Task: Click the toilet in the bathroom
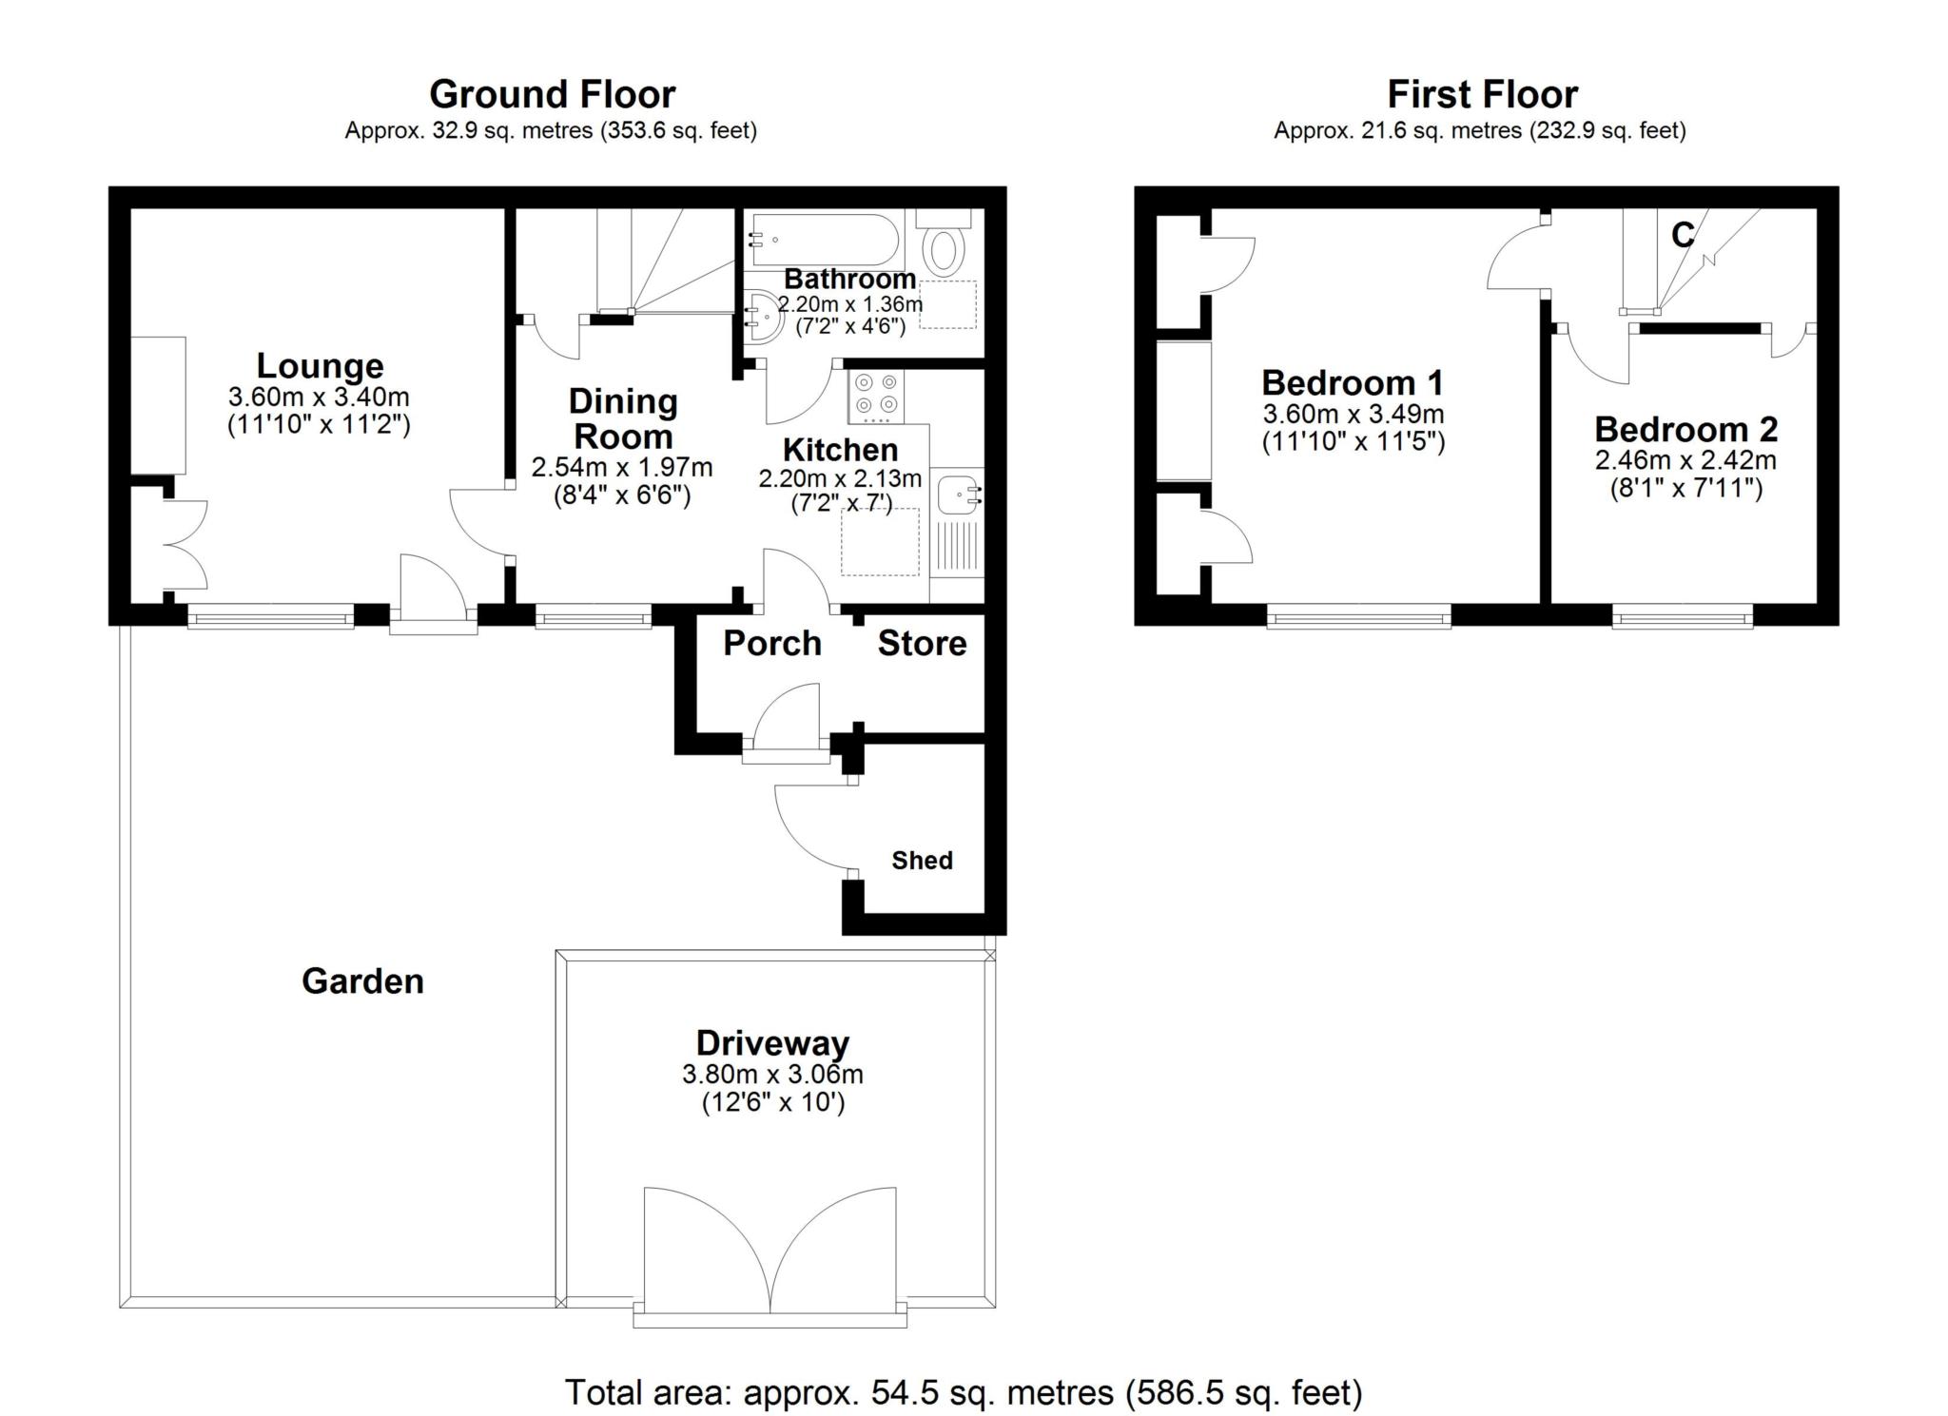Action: point(944,243)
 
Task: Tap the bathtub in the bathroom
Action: point(824,240)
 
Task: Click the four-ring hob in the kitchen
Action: point(876,397)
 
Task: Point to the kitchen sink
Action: point(959,495)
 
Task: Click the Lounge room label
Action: point(320,365)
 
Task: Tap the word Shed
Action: point(922,860)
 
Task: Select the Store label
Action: point(922,643)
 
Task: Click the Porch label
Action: point(772,643)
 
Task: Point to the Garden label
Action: point(362,980)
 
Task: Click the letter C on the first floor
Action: point(1683,234)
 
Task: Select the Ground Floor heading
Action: point(552,94)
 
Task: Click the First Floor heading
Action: point(1482,94)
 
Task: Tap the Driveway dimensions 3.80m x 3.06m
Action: point(772,1075)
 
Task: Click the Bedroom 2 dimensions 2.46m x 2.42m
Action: point(1685,460)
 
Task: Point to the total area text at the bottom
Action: point(964,1392)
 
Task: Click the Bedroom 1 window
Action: point(1359,615)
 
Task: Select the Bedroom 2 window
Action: point(1683,615)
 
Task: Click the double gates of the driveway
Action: point(770,1253)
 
